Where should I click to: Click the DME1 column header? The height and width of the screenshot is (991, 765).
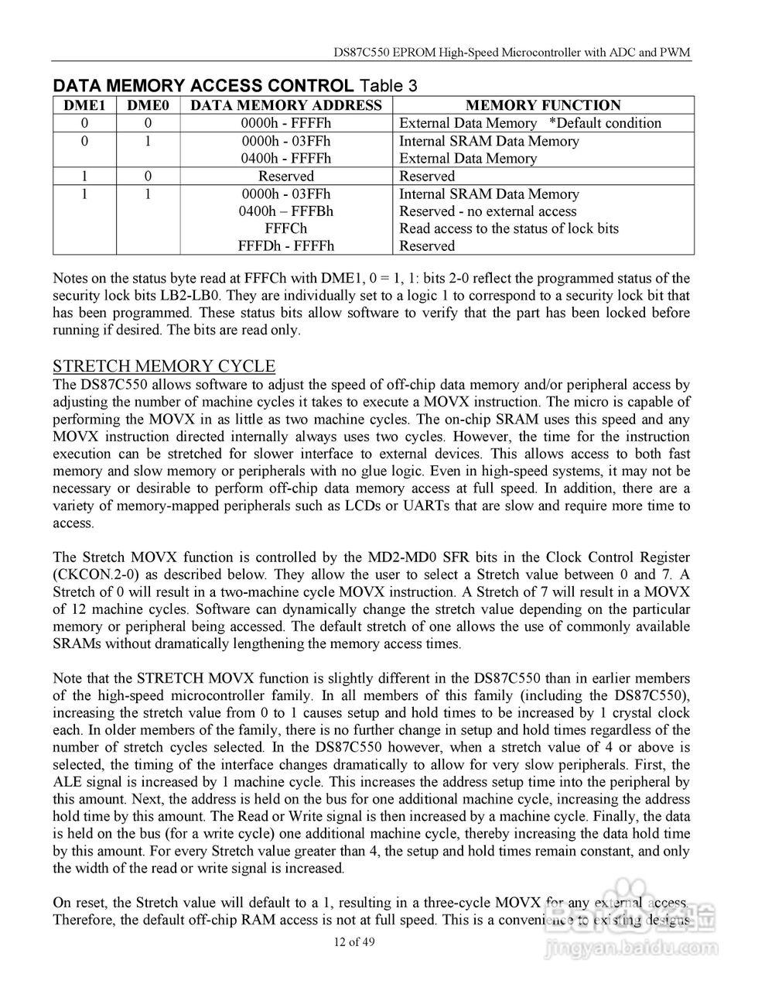click(x=84, y=105)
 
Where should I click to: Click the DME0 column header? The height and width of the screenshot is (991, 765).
click(x=147, y=105)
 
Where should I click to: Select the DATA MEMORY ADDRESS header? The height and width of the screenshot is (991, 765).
click(x=285, y=105)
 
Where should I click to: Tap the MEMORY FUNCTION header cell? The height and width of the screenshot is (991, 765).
click(x=543, y=105)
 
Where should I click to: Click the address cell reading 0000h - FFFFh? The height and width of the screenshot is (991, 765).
click(x=285, y=123)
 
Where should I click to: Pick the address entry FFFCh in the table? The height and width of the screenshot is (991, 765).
click(x=285, y=228)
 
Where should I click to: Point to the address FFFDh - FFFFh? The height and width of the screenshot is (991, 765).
click(x=285, y=246)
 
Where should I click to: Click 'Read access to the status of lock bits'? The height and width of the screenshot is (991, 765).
click(x=508, y=228)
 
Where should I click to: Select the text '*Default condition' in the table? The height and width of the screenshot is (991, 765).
click(x=605, y=123)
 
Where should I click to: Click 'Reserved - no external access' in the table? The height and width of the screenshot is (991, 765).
click(x=487, y=211)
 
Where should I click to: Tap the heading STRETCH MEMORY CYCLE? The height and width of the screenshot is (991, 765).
click(x=163, y=366)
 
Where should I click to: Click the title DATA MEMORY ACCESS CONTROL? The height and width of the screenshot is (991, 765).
click(x=203, y=85)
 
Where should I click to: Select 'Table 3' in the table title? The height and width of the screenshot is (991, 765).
click(x=389, y=85)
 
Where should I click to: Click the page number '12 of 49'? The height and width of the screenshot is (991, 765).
click(x=354, y=942)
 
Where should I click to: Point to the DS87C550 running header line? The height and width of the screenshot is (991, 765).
click(x=511, y=53)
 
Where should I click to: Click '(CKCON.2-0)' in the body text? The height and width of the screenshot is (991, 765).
click(x=94, y=574)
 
